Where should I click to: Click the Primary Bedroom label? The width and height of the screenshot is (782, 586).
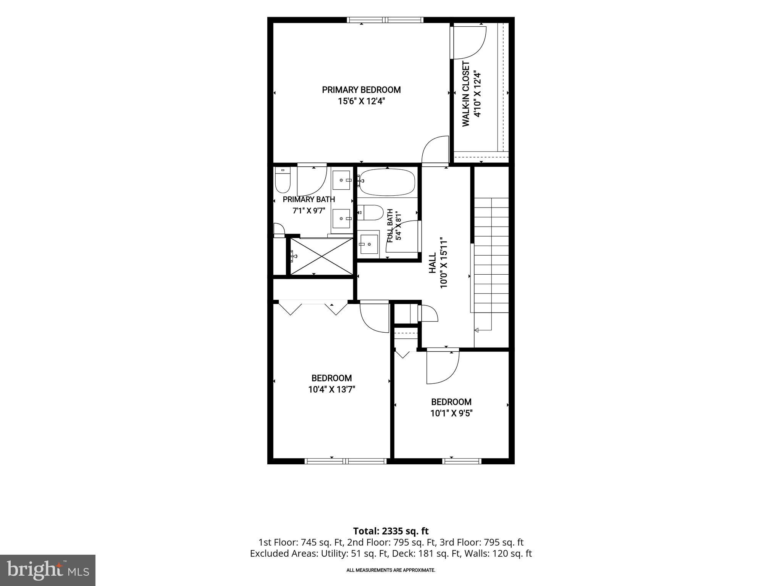[x=361, y=90]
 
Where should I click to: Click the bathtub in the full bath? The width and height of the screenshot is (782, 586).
[x=387, y=182]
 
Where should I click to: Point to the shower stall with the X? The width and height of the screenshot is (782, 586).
[x=321, y=256]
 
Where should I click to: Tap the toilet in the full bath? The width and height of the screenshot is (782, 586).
[x=370, y=213]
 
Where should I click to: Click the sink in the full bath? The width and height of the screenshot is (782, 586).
[x=369, y=245]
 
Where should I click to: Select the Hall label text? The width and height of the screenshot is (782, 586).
[x=432, y=263]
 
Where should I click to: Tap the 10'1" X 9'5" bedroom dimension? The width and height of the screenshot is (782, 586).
[x=451, y=413]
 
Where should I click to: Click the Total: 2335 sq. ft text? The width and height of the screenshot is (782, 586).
[x=391, y=531]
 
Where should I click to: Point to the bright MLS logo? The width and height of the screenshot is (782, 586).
[x=48, y=570]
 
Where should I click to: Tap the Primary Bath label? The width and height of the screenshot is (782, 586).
[x=309, y=200]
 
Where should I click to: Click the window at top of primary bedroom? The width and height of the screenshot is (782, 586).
[x=385, y=20]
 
